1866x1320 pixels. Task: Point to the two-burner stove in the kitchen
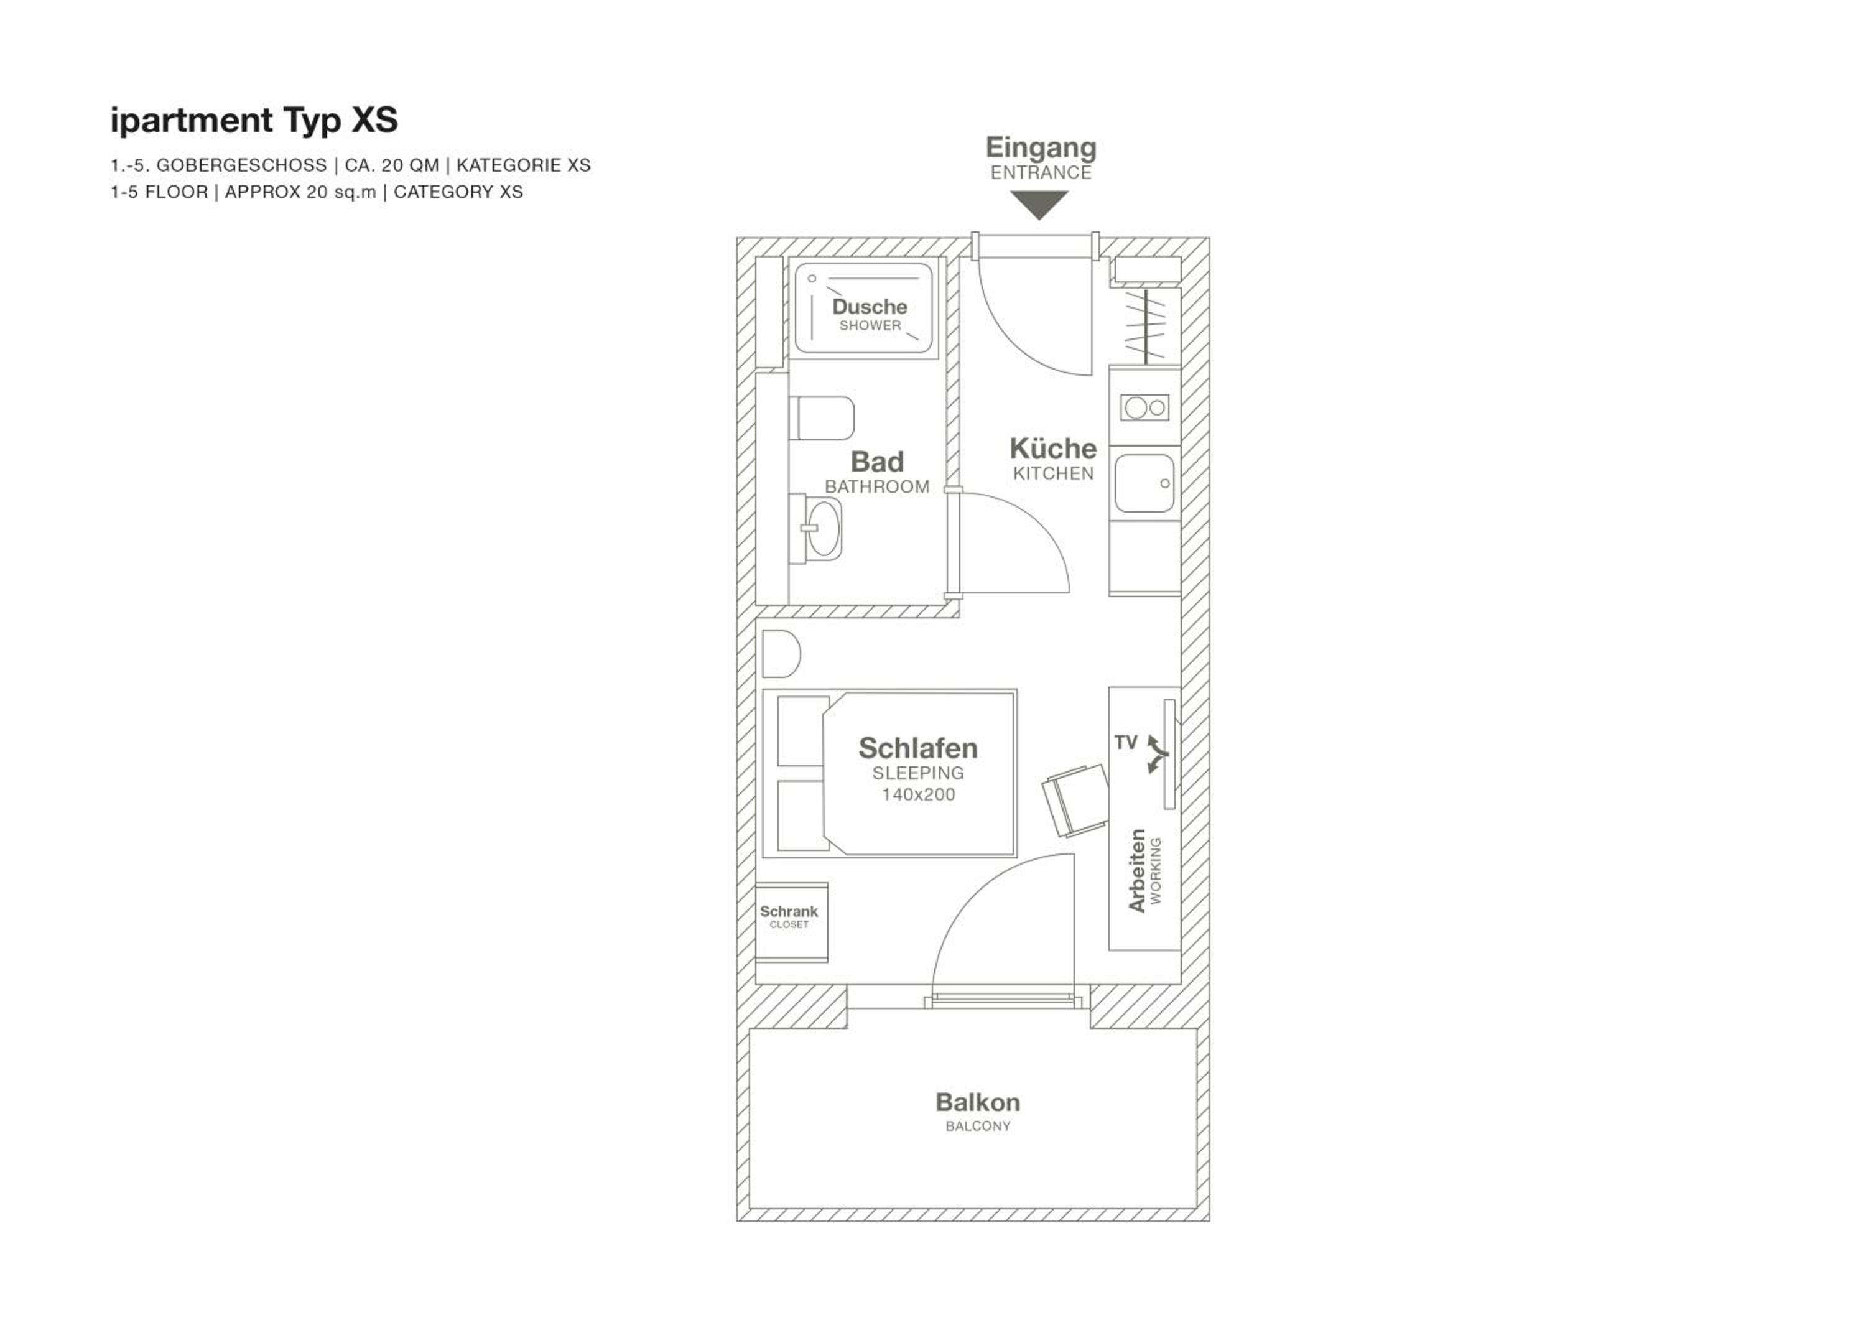coord(1144,406)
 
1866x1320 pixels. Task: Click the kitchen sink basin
coord(1143,483)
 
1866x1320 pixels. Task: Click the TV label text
coord(1126,742)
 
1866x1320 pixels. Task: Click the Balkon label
coord(978,1102)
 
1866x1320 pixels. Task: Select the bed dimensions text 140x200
coord(918,794)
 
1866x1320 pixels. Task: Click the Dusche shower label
coord(870,307)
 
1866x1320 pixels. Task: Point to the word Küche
coord(1053,448)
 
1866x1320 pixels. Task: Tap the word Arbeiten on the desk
coord(1137,870)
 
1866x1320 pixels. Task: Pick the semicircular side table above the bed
coord(781,654)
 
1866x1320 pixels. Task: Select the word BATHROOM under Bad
coord(877,487)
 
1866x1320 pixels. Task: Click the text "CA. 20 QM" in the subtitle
coord(392,165)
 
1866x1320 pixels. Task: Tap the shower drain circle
coord(812,279)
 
